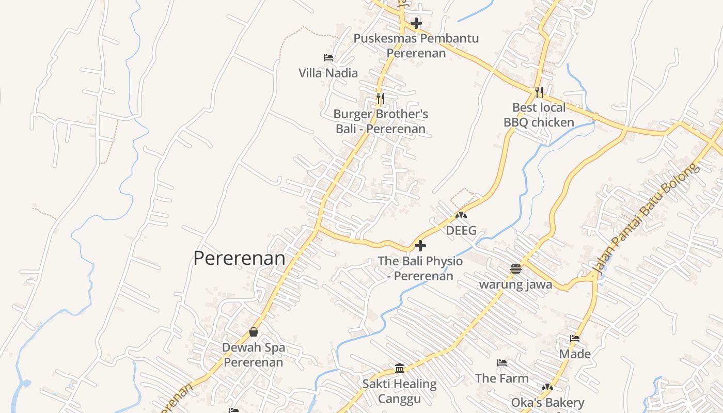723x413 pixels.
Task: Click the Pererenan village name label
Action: point(239,258)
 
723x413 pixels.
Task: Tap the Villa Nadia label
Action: point(328,73)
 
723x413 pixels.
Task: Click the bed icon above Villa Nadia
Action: point(328,58)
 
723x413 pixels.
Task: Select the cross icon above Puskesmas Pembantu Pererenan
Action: point(416,23)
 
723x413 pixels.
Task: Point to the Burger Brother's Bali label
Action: point(381,121)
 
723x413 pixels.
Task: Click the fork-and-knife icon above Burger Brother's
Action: point(381,98)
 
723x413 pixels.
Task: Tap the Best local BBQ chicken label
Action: point(539,115)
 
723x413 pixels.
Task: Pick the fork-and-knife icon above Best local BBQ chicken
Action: point(539,92)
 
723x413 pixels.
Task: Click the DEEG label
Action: point(461,230)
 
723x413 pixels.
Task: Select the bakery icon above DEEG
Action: point(461,214)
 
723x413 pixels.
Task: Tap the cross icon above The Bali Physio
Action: point(420,246)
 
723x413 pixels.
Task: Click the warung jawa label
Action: point(515,284)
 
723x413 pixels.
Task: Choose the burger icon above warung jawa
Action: point(515,268)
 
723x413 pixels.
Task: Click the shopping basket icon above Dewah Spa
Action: point(254,332)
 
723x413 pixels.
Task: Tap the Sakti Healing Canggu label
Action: point(399,391)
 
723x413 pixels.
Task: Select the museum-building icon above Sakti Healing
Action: point(400,368)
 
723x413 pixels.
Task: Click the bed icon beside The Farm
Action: point(501,363)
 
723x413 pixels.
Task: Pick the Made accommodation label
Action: point(575,354)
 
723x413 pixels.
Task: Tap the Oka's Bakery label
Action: point(547,402)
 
